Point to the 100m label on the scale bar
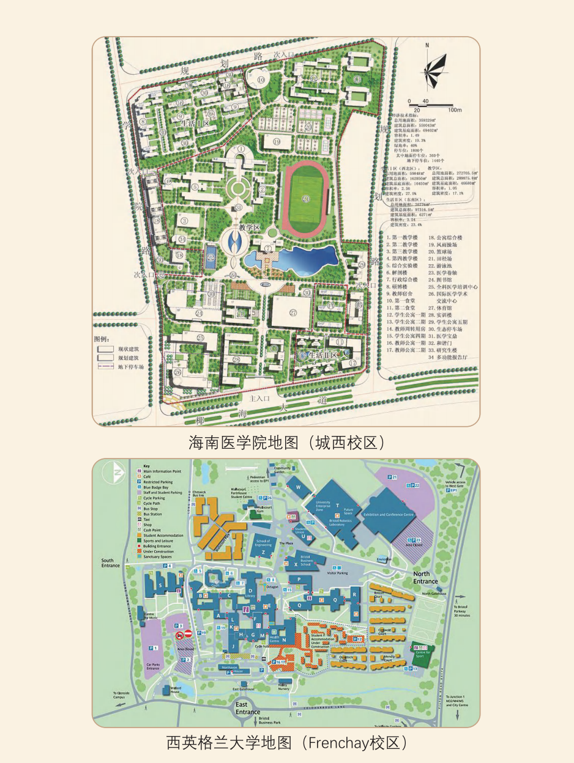click(453, 110)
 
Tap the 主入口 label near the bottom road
click(259, 397)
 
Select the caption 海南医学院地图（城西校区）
click(286, 441)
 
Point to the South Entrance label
click(108, 562)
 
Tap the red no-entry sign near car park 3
click(188, 633)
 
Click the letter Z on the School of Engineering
click(263, 552)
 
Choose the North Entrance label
click(425, 577)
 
